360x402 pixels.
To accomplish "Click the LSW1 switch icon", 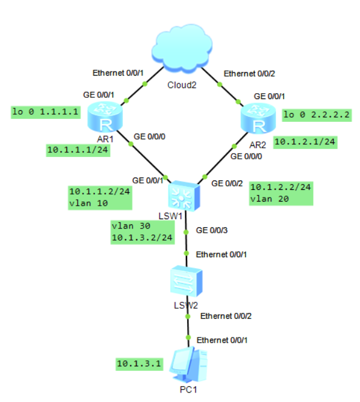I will click(184, 196).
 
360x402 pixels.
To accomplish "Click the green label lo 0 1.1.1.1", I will click(46, 112).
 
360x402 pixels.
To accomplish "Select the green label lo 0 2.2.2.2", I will click(316, 115).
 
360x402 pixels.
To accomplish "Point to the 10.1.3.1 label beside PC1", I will click(138, 364).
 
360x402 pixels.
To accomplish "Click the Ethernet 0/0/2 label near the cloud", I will click(249, 73).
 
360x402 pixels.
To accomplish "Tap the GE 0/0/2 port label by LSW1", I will click(226, 183).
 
